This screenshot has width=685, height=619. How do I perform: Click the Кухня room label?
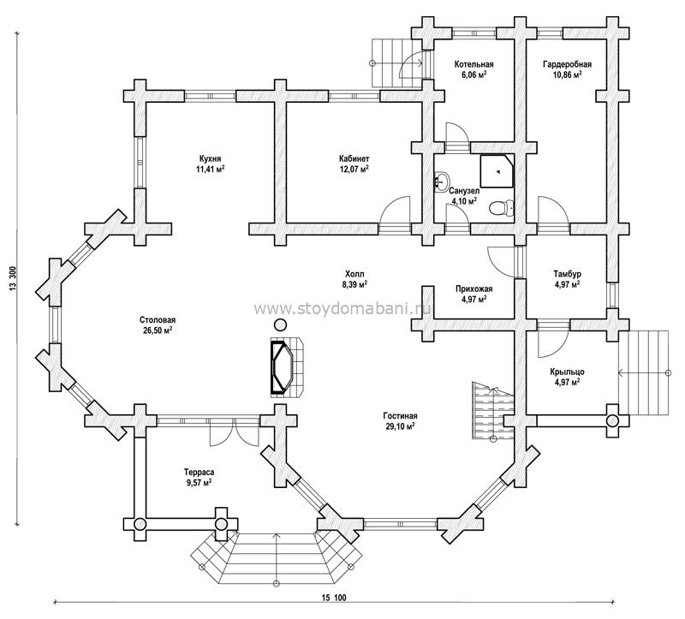[x=210, y=158]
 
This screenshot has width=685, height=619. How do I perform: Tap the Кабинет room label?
[x=354, y=158]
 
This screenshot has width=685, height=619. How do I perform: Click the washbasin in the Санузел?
[x=443, y=179]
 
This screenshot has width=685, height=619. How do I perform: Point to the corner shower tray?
[x=497, y=171]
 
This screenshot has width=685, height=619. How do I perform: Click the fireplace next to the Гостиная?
[x=286, y=367]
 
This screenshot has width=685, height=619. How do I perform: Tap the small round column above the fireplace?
[x=280, y=324]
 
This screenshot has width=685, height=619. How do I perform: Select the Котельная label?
[x=474, y=65]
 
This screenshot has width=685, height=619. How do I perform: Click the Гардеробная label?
[x=567, y=65]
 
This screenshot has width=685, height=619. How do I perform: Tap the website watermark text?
[x=342, y=309]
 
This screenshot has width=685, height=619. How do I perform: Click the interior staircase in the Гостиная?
[x=493, y=410]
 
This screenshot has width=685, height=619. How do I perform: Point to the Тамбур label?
[x=567, y=274]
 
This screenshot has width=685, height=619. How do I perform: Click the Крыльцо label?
[x=567, y=372]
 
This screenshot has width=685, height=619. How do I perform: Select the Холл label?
[x=354, y=274]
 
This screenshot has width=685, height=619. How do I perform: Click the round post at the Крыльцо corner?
[x=612, y=420]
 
